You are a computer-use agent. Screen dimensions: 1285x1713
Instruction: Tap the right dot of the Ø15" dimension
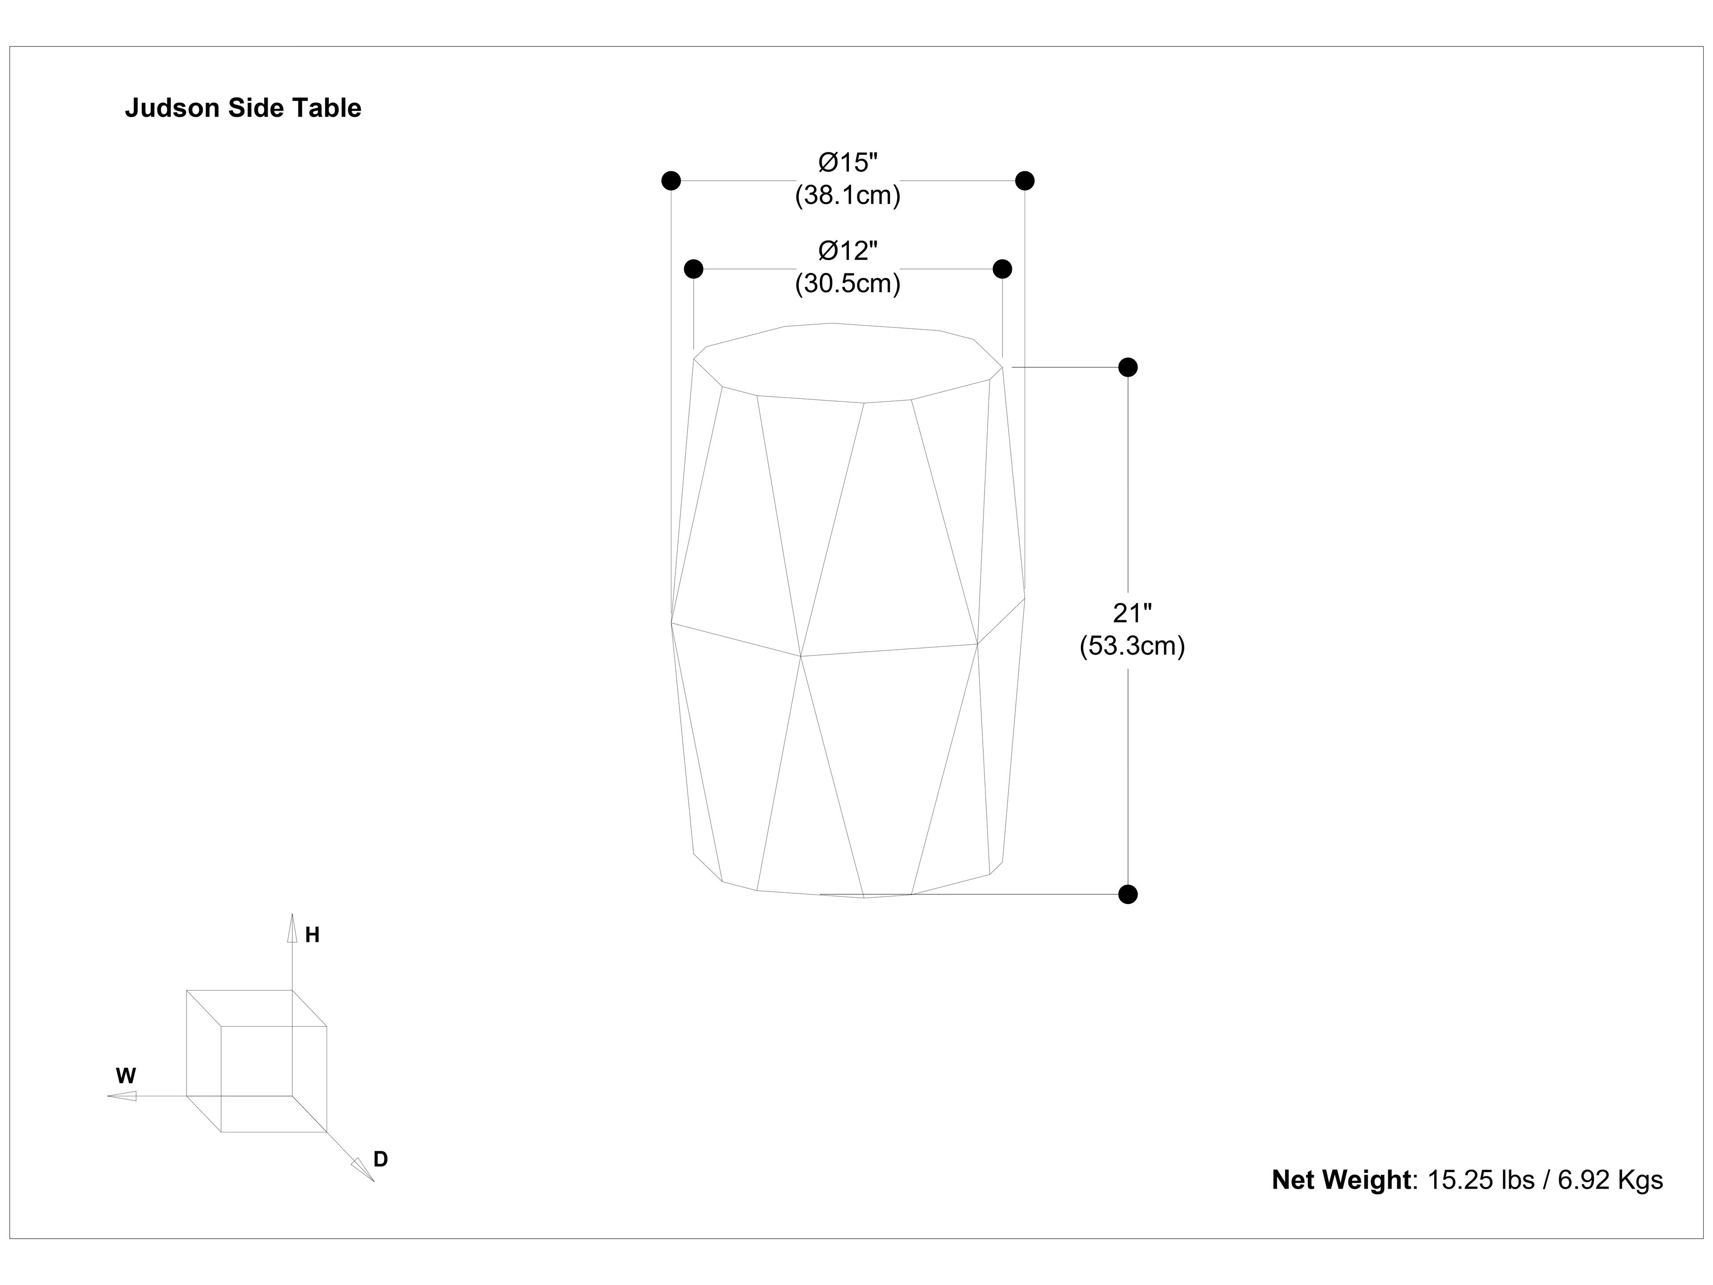(1025, 180)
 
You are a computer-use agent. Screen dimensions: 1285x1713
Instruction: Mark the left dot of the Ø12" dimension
(693, 269)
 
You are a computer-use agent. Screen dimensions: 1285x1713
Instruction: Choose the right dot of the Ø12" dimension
(1002, 269)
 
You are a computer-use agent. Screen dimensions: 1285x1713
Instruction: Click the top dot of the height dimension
(1128, 367)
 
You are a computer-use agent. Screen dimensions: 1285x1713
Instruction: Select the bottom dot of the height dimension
(1128, 895)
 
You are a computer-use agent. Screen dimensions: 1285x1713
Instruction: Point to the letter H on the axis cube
(312, 936)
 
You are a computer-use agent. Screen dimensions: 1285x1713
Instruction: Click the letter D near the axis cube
(380, 1160)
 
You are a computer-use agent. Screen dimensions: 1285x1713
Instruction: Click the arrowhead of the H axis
(292, 929)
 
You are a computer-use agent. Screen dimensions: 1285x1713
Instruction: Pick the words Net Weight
(1341, 1180)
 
